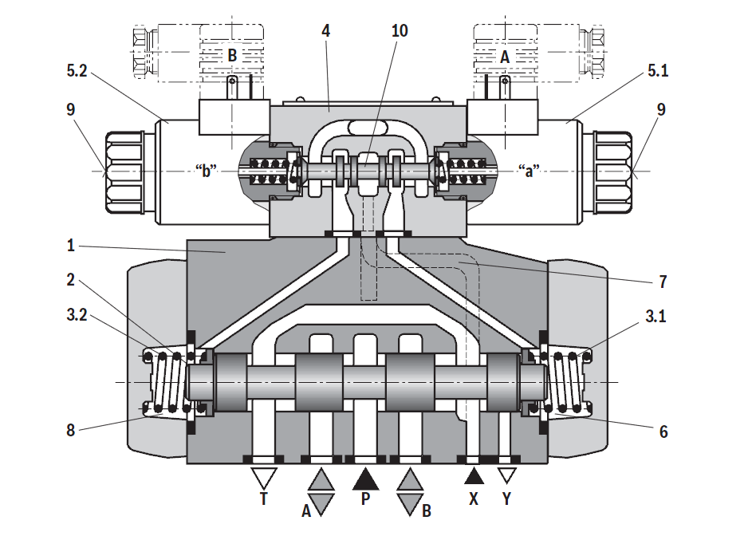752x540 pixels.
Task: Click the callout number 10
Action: (x=400, y=30)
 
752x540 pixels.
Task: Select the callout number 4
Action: (x=325, y=30)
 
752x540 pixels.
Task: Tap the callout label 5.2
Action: (x=77, y=71)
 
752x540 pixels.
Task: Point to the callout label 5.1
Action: (x=658, y=70)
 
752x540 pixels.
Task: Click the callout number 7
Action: (x=663, y=282)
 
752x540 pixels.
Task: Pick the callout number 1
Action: (x=70, y=246)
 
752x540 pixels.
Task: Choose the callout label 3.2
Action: (x=77, y=315)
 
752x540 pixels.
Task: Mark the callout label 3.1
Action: (x=656, y=316)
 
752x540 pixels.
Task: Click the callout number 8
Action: (x=70, y=430)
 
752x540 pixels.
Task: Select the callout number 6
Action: (x=663, y=432)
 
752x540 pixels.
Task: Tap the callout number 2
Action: (x=70, y=280)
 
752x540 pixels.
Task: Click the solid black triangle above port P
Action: (x=365, y=479)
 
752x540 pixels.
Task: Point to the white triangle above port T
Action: (x=264, y=478)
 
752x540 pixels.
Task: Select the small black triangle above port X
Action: (x=474, y=475)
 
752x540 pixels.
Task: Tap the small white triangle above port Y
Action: (x=507, y=475)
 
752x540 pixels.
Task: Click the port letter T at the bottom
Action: (x=263, y=499)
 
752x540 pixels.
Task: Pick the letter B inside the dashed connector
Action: (x=232, y=55)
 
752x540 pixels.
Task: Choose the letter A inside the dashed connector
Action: (x=505, y=57)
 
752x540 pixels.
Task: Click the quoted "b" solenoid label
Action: (x=207, y=170)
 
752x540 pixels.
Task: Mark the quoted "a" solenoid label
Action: (x=529, y=170)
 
